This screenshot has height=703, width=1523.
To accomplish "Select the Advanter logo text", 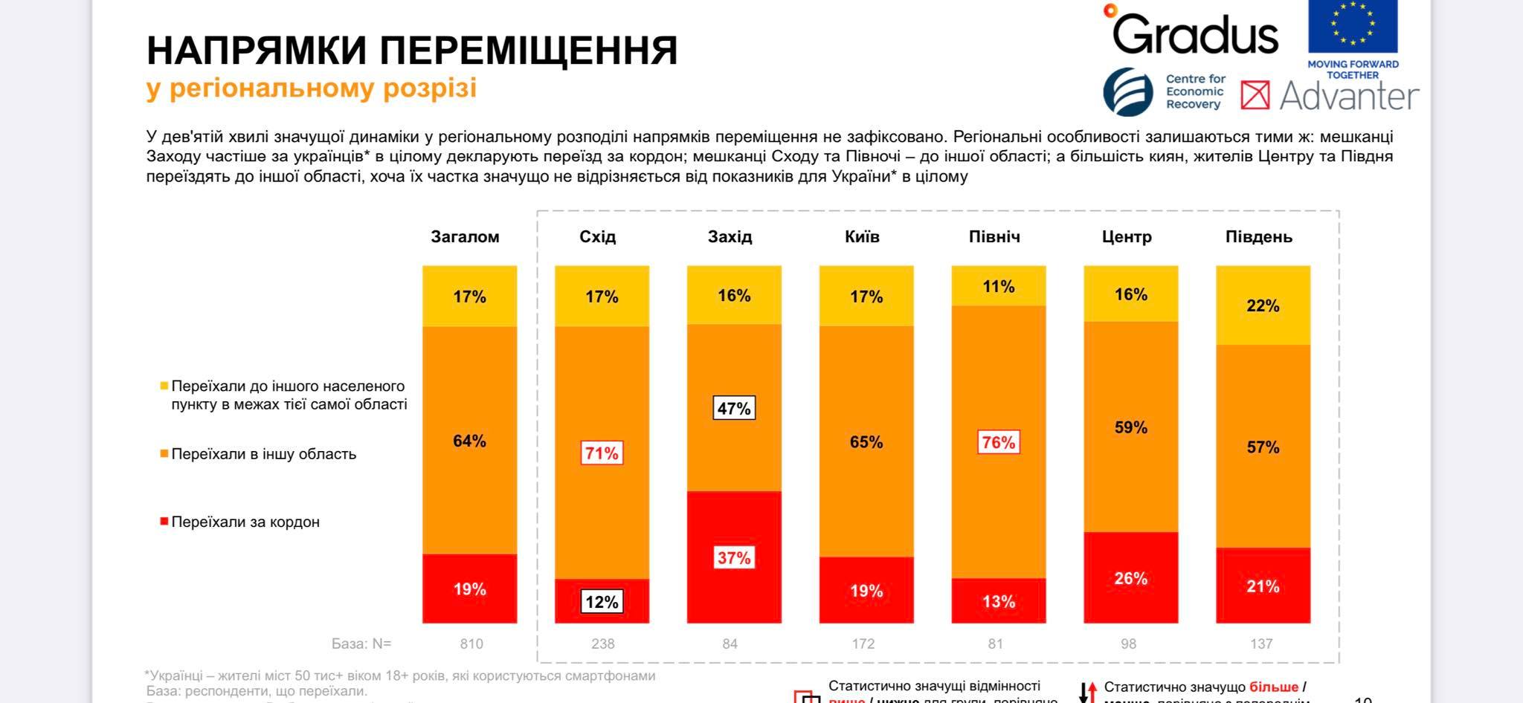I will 1349,96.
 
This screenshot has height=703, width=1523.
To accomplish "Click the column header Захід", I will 730,237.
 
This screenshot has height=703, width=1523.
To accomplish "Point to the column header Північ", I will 994,237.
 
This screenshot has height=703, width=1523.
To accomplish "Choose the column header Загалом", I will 465,237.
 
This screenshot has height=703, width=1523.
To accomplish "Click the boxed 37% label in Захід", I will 734,557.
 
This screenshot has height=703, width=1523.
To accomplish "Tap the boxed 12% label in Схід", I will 602,602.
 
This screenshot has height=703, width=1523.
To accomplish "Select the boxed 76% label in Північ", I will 998,442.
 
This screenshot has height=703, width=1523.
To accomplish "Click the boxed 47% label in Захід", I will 734,408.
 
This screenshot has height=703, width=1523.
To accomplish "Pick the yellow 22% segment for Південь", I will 1263,305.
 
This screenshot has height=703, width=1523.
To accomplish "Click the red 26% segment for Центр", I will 1130,577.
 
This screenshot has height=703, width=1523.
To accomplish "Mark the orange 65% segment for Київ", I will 866,442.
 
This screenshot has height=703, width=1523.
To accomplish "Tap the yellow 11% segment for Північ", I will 998,286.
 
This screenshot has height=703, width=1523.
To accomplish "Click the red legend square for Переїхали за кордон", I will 164,522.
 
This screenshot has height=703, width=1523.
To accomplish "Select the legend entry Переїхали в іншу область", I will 263,454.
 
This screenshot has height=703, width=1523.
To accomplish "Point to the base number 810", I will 471,644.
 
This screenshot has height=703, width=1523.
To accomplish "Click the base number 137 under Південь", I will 1261,644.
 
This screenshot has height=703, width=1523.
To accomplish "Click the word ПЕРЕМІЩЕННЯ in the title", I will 529,51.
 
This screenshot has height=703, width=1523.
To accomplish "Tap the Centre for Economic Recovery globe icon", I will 1128,91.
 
